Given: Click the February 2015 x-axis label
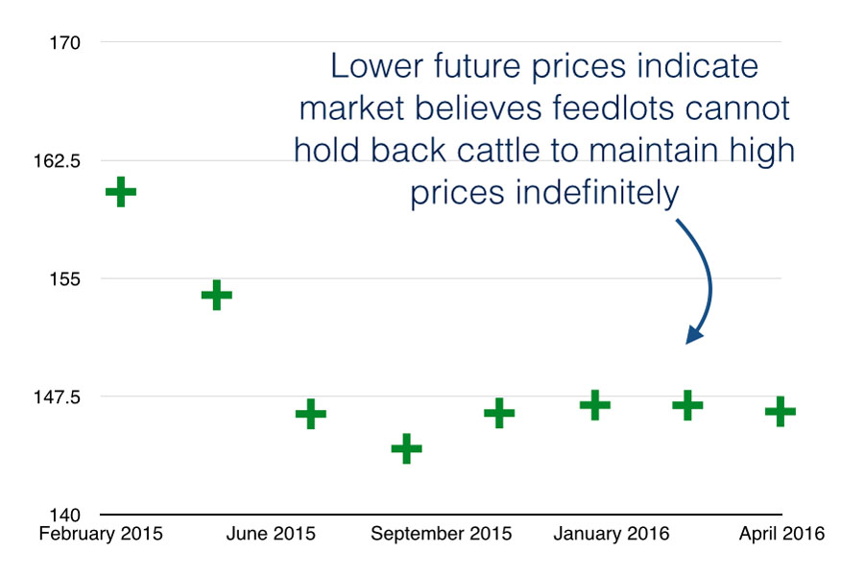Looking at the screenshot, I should coord(101,534).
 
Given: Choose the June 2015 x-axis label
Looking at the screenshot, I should coord(270,534).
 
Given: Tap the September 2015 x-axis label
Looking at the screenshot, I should coord(441,534).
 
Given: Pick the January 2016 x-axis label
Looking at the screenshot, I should coord(611,534).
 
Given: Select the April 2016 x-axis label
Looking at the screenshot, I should coord(781,534).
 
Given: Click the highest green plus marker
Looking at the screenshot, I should coord(121,192).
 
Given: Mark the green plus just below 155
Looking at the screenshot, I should coord(216,295).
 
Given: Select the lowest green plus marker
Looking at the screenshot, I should coord(406,448).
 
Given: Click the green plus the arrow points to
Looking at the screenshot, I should coord(687,405).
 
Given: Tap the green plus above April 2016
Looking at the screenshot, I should coord(780,412).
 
